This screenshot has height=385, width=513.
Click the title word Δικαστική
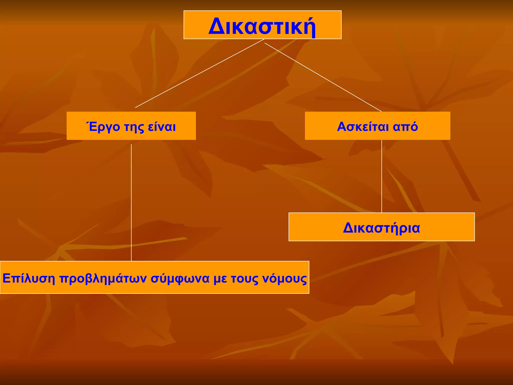point(262,26)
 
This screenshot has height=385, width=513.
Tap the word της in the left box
point(134,127)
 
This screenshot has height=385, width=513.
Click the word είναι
point(162,127)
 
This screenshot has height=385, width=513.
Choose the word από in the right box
point(405,127)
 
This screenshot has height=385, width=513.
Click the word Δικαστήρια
point(381,228)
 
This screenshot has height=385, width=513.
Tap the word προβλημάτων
point(103,279)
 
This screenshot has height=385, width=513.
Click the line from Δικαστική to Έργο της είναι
point(200,73)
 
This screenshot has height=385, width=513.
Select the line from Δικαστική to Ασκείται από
point(323,77)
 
